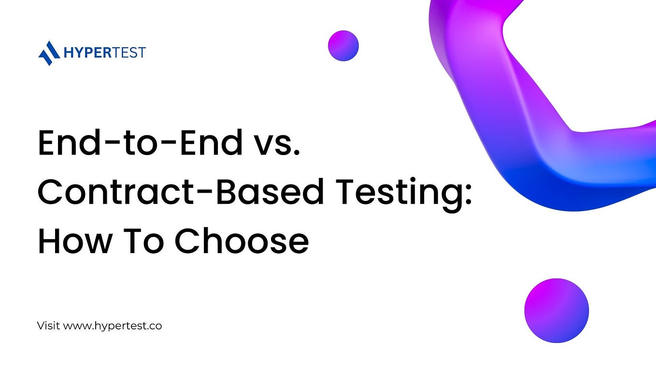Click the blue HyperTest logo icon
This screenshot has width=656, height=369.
[x=48, y=53]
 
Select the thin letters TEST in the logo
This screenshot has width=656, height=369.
[x=128, y=52]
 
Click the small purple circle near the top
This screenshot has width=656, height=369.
[x=343, y=45]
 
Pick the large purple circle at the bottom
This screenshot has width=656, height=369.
[x=556, y=311]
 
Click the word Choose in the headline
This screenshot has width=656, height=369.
[x=241, y=241]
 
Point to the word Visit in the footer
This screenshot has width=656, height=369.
[x=48, y=326]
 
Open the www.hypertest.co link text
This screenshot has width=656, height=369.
[x=113, y=326]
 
